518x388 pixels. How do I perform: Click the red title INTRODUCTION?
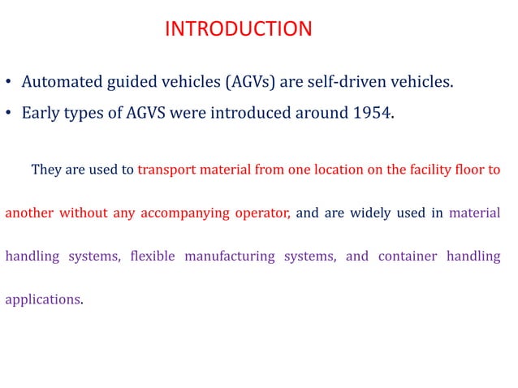point(238,29)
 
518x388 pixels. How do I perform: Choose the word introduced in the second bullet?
point(248,113)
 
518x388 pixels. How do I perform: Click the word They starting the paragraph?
point(45,170)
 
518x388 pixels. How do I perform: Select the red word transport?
point(166,170)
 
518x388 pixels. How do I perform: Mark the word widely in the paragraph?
point(371,214)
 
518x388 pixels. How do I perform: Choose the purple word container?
point(408,257)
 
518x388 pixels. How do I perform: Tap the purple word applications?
point(43,299)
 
